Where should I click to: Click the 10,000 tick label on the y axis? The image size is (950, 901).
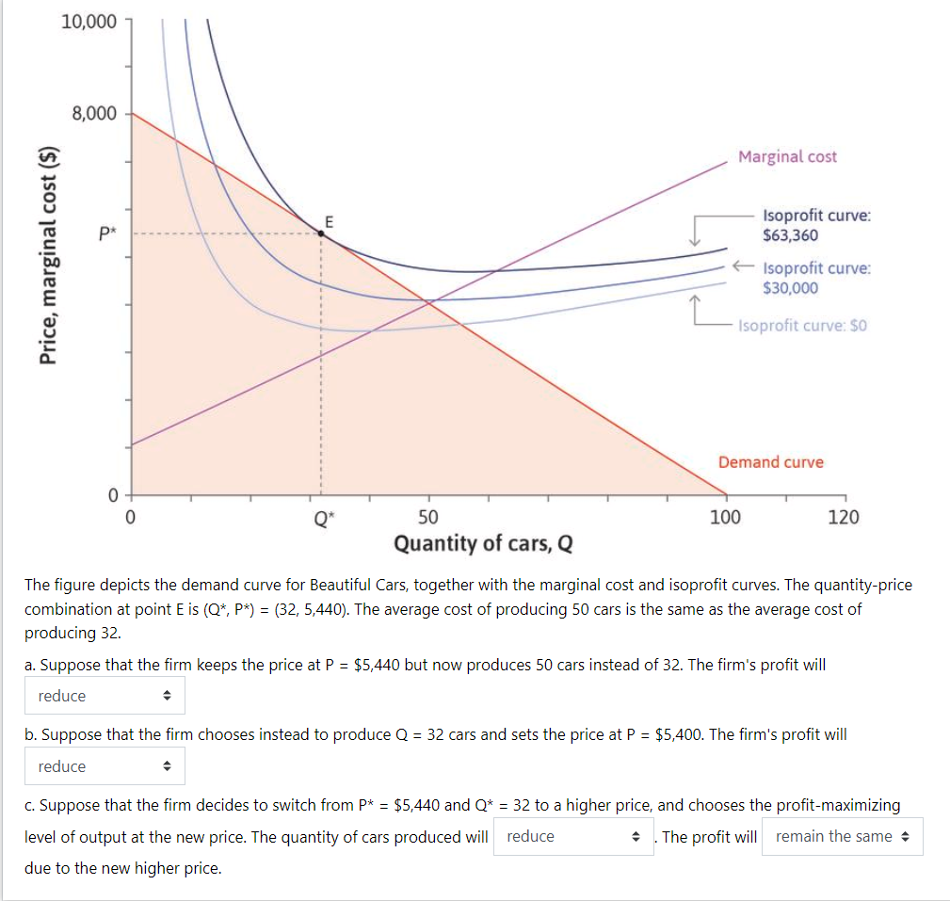tap(89, 22)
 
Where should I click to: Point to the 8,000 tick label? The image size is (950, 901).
tap(94, 114)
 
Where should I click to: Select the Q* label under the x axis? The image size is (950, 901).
tap(321, 517)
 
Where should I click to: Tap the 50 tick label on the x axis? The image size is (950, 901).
tap(428, 517)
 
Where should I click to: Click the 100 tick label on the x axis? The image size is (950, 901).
tap(725, 517)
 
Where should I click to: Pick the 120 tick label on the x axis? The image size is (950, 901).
tap(843, 517)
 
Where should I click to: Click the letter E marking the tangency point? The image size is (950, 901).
tap(329, 221)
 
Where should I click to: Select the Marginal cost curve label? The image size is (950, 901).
tap(787, 156)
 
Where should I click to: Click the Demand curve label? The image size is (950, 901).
tap(770, 462)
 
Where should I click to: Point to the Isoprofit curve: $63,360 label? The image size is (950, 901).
tap(815, 225)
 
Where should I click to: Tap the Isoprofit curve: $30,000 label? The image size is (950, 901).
tap(815, 278)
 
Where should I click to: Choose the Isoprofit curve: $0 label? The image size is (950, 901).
tap(802, 326)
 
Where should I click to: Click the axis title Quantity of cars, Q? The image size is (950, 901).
tap(483, 543)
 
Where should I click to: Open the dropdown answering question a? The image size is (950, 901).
tap(105, 696)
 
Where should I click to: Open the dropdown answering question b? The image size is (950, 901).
tap(105, 766)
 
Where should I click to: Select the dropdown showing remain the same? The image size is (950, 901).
tap(843, 836)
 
